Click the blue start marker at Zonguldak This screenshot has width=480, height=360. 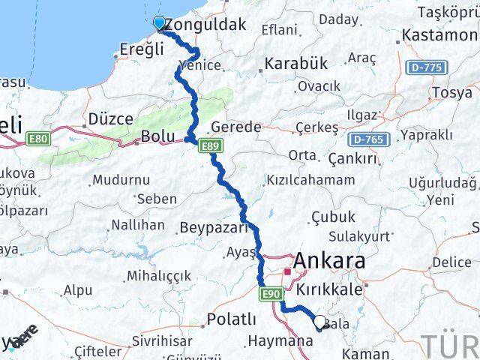159,23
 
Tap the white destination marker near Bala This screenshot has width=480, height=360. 320,322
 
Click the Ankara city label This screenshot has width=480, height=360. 330,262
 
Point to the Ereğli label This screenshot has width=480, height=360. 142,49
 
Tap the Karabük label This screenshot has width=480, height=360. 295,64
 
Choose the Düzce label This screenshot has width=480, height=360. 110,118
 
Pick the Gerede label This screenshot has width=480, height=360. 235,127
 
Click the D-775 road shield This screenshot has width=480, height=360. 427,68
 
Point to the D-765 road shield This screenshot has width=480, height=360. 367,139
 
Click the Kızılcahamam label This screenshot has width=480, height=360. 310,181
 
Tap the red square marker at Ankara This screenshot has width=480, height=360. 287,271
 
